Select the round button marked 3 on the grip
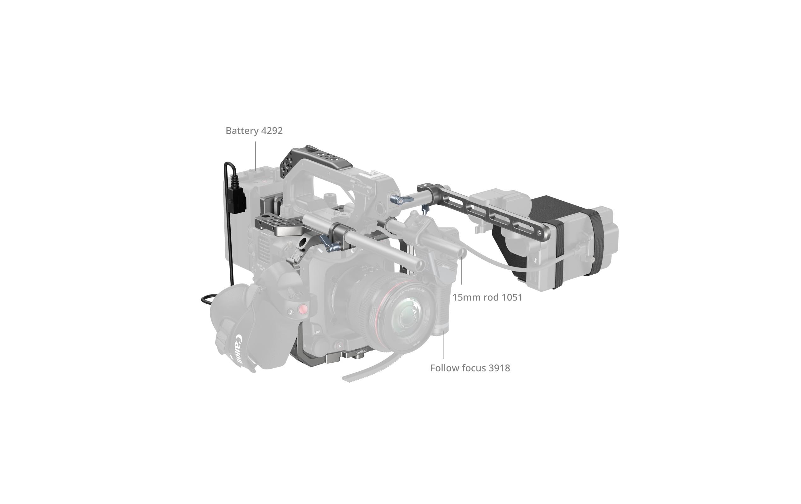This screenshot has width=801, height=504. [291, 312]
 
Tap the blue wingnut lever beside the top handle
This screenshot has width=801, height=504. [402, 200]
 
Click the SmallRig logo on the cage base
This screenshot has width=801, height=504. [361, 352]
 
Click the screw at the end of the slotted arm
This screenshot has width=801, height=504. [539, 233]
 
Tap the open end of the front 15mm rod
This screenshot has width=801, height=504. [420, 265]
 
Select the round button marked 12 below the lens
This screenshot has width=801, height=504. [340, 346]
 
